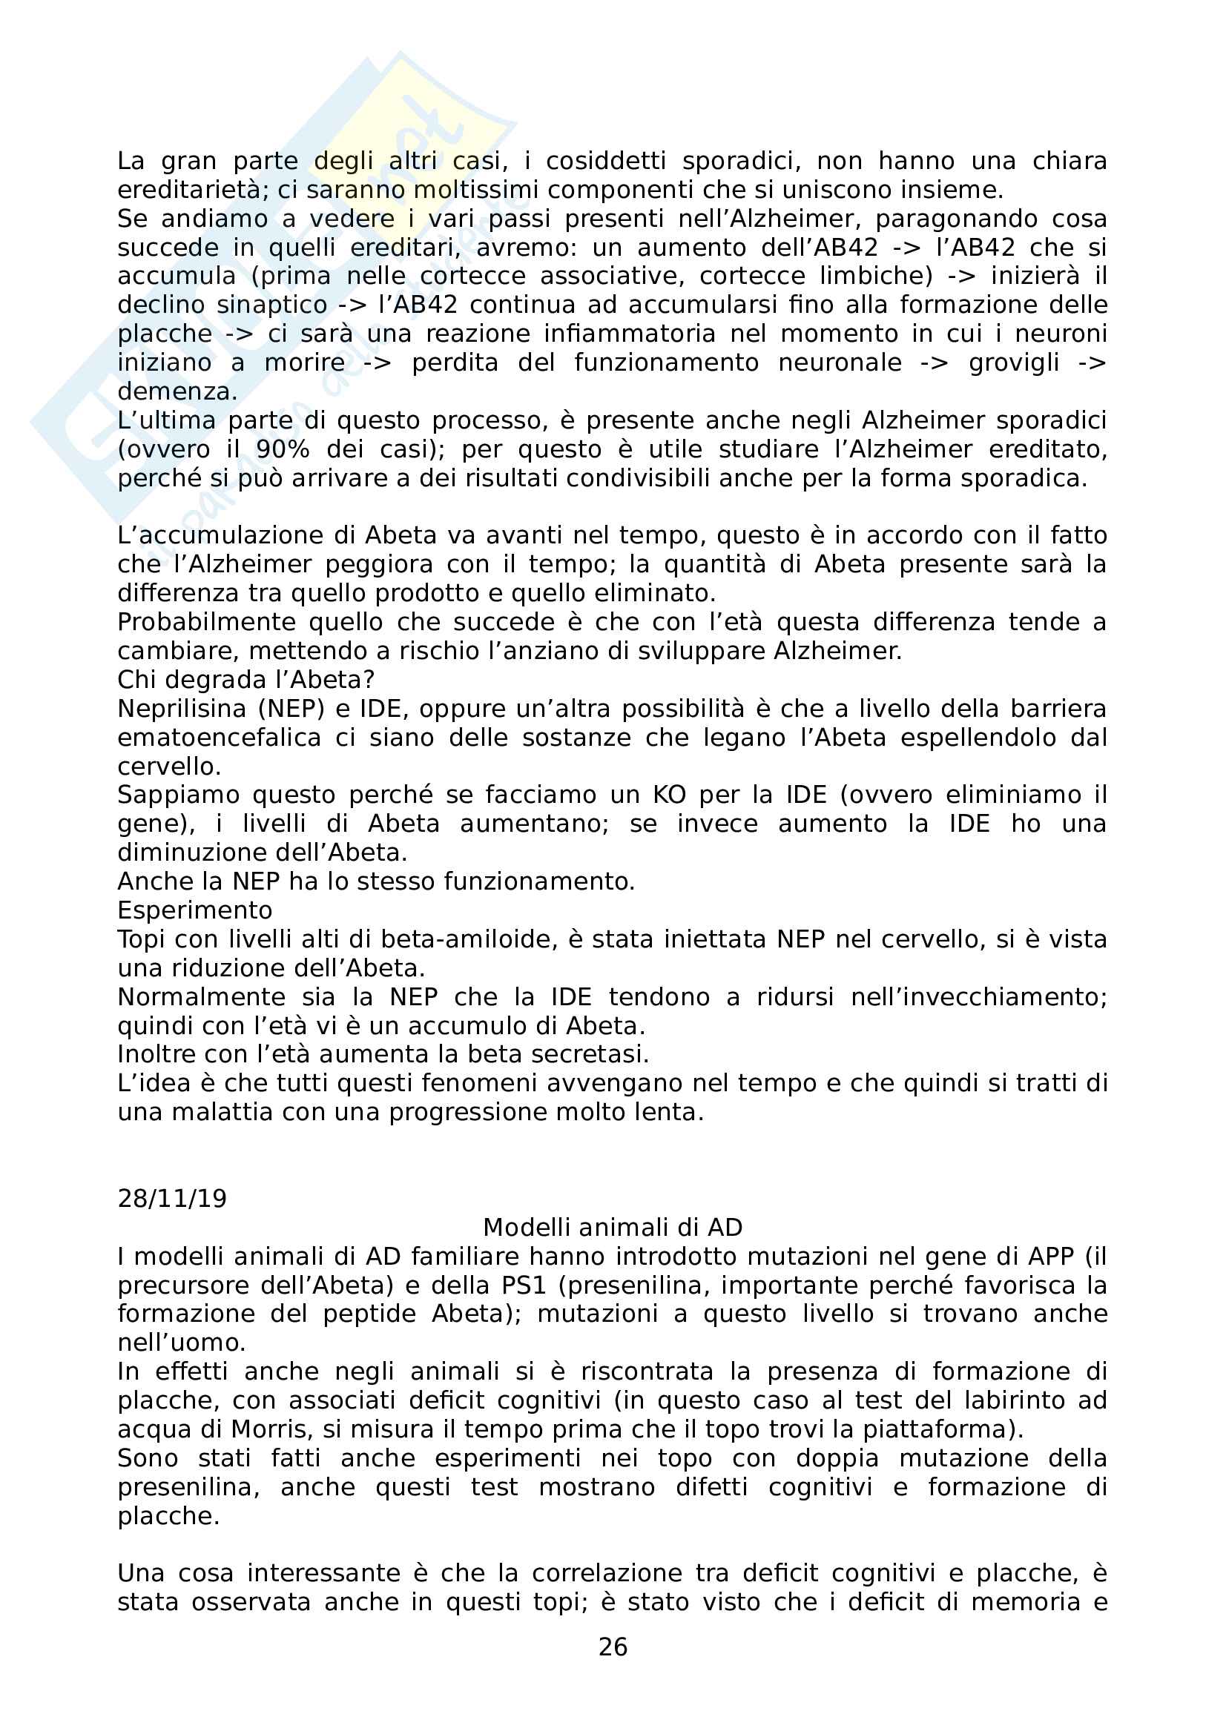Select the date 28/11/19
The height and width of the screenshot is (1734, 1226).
tap(172, 1199)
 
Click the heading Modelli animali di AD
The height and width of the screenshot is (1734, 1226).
tap(613, 1227)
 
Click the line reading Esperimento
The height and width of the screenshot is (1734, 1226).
tap(195, 911)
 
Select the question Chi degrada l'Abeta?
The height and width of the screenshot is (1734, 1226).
tap(246, 680)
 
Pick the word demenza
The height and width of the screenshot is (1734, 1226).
tap(177, 392)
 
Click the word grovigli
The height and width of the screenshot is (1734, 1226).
tap(1015, 363)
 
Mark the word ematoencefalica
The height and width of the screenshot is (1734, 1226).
tap(219, 738)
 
